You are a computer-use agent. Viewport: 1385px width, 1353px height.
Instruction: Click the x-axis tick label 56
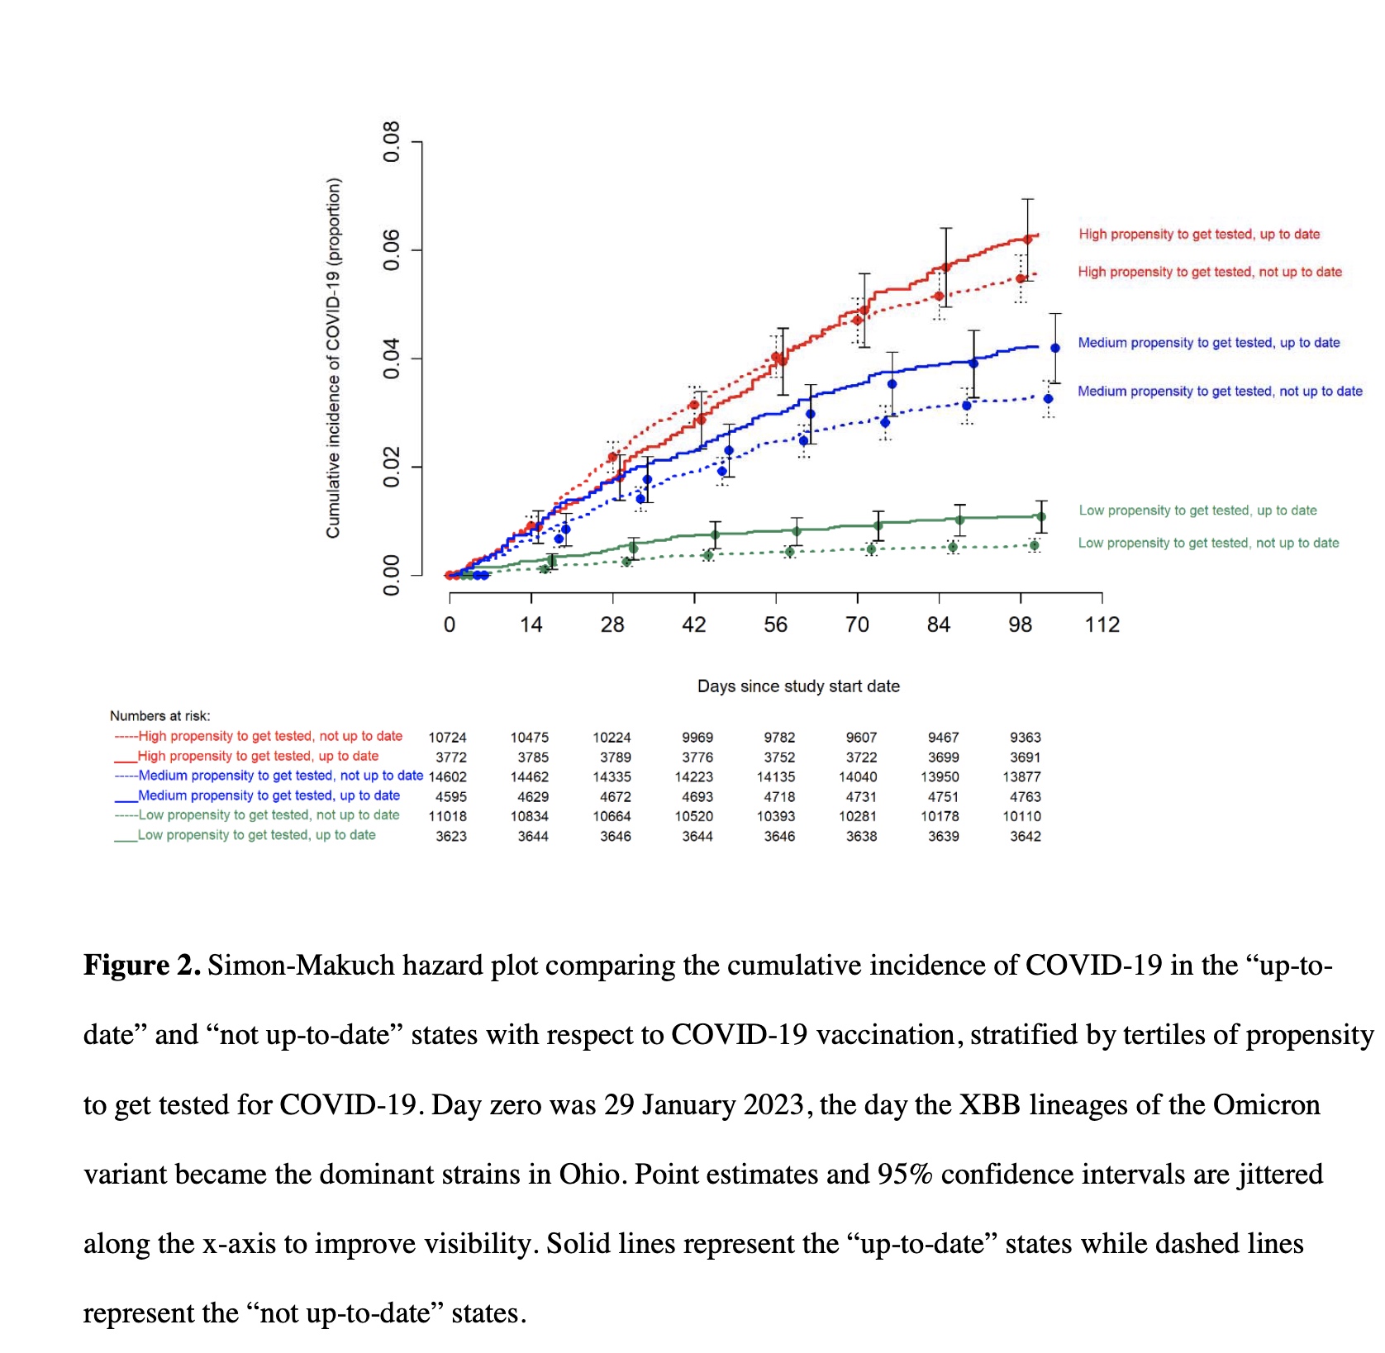click(775, 624)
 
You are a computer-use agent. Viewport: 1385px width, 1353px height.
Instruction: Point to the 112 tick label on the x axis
click(1102, 624)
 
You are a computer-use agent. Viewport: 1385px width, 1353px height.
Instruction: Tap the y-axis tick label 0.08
click(391, 142)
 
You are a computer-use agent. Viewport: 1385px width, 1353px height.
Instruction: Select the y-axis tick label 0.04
click(391, 358)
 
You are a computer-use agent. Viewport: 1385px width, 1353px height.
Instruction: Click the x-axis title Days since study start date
click(798, 686)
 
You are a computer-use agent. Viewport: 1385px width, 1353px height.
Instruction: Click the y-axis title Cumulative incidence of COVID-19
click(333, 358)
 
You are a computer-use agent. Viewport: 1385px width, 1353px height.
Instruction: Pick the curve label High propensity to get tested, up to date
click(1199, 235)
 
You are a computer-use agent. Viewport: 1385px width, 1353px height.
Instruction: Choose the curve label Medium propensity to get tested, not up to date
click(1220, 392)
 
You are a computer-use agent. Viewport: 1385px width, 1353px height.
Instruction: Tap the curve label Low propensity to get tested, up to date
click(1197, 510)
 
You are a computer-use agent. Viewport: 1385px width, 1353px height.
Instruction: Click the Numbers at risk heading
click(160, 716)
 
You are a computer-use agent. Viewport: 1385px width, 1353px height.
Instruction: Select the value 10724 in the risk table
click(447, 738)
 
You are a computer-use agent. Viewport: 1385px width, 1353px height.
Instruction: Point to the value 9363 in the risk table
click(1025, 738)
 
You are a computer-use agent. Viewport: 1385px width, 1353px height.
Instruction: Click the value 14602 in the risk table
click(447, 777)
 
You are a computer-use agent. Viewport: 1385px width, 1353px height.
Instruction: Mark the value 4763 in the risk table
click(1025, 797)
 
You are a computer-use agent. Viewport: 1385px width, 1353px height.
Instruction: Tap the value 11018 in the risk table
click(447, 816)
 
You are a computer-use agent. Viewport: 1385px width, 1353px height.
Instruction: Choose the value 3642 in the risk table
click(1025, 837)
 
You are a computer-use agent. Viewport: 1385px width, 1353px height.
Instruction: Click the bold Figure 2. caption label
click(142, 966)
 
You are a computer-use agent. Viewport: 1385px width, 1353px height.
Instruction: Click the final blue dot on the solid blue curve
click(1055, 349)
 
